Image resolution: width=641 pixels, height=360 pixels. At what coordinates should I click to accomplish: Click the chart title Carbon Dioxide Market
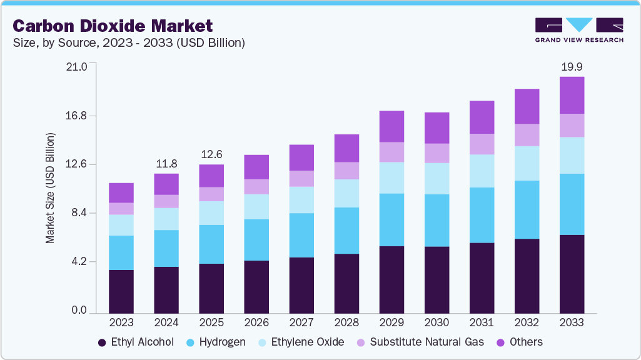pyautogui.click(x=113, y=26)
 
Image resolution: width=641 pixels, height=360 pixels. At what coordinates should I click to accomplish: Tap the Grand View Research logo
pyautogui.click(x=579, y=30)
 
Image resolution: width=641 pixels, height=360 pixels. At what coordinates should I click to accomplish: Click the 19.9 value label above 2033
pyautogui.click(x=572, y=67)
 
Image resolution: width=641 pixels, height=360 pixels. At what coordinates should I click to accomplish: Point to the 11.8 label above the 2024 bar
pyautogui.click(x=166, y=164)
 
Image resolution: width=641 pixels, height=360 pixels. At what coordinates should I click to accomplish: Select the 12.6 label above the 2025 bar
pyautogui.click(x=211, y=154)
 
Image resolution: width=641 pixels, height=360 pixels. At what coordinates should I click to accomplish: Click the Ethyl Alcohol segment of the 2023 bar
pyautogui.click(x=121, y=291)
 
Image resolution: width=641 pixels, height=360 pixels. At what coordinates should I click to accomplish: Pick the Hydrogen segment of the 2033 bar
pyautogui.click(x=572, y=204)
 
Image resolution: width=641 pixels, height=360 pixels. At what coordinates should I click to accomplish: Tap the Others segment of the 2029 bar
pyautogui.click(x=391, y=126)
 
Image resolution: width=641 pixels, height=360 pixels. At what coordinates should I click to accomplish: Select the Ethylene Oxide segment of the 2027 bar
pyautogui.click(x=301, y=200)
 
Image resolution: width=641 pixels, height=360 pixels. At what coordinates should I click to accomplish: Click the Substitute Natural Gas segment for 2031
pyautogui.click(x=482, y=144)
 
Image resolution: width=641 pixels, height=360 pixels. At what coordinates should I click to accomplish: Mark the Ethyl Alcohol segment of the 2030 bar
pyautogui.click(x=437, y=279)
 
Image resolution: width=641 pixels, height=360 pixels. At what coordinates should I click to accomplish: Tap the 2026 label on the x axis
pyautogui.click(x=256, y=322)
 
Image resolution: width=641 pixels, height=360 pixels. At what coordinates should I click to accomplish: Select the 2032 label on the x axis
pyautogui.click(x=527, y=322)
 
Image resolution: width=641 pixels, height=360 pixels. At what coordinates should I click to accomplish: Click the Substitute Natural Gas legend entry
pyautogui.click(x=414, y=342)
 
